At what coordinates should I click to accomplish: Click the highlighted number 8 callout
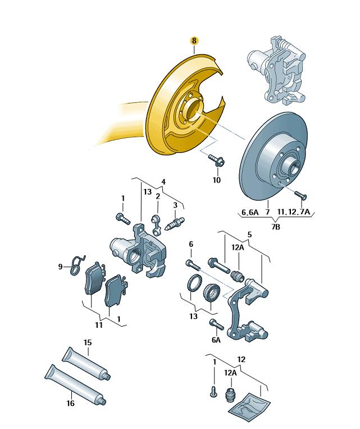(194, 40)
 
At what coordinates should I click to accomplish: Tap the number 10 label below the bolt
(217, 180)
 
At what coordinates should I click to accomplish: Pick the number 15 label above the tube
(87, 342)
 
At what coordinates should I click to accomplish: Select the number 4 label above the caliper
(163, 181)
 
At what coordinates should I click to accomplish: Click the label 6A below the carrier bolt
(216, 340)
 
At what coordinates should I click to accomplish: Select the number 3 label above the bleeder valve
(175, 205)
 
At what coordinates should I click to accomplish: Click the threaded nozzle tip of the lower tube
(104, 400)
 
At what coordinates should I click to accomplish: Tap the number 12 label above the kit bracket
(241, 359)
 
